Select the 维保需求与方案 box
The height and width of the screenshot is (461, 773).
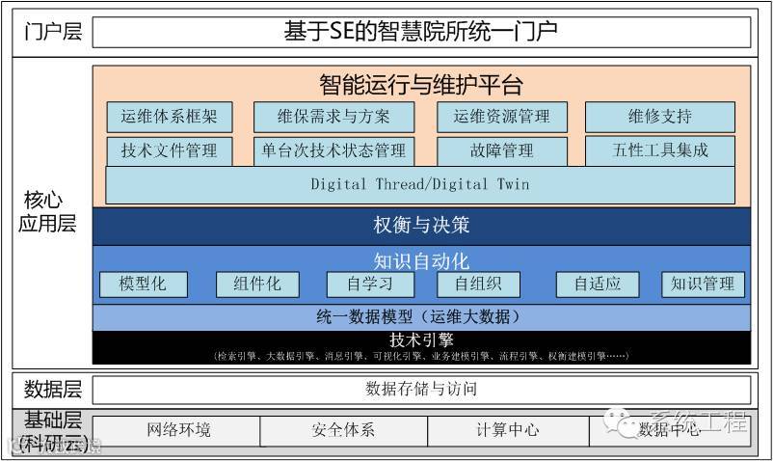tap(333, 117)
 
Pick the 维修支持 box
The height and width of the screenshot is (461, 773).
tap(660, 117)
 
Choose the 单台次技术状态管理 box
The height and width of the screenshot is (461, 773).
tap(333, 150)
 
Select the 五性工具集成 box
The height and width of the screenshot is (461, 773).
tap(660, 150)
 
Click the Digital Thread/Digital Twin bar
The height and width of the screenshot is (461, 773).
tap(420, 184)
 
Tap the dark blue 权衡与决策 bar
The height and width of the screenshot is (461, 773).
tap(421, 226)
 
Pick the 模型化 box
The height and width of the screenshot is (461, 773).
tap(144, 284)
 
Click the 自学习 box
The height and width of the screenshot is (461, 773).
tap(369, 284)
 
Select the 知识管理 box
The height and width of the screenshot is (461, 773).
tap(703, 284)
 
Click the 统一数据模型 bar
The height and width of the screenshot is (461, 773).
tap(421, 316)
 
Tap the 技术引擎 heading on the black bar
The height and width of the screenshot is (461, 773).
tap(421, 340)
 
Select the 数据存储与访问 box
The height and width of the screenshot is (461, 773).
tap(421, 389)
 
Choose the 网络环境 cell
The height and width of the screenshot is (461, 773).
tap(178, 430)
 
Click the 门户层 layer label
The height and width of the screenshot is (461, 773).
tap(53, 32)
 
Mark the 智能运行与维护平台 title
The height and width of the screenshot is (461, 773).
tap(421, 85)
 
